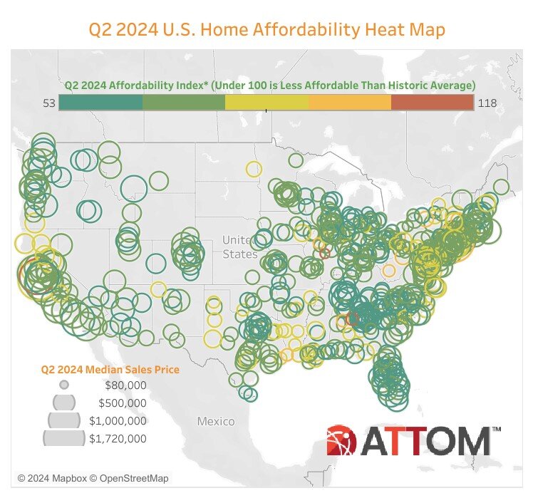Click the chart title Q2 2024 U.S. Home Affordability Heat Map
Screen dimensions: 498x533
tap(266, 30)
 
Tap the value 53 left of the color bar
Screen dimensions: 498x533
tap(49, 103)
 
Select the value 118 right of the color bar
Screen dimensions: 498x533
tap(487, 103)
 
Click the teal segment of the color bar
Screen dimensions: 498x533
tap(100, 103)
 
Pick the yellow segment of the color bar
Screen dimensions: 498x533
tap(267, 103)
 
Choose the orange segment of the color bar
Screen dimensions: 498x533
tap(350, 103)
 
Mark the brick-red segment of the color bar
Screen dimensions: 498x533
tap(432, 103)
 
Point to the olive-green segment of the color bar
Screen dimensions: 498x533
tap(184, 103)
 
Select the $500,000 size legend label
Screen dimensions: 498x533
tap(122, 403)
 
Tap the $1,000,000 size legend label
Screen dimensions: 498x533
tap(118, 421)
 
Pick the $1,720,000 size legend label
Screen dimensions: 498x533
tap(118, 439)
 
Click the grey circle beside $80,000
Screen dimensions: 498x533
tap(64, 385)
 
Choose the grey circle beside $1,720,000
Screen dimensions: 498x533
tap(64, 437)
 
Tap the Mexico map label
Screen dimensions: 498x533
tap(215, 421)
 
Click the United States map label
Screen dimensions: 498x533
tap(239, 247)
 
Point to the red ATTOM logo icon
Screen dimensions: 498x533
tap(345, 441)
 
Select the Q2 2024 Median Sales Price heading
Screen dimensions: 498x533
tap(110, 370)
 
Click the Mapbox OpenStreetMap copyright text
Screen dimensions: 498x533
tap(93, 479)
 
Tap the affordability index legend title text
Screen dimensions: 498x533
tap(269, 84)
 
